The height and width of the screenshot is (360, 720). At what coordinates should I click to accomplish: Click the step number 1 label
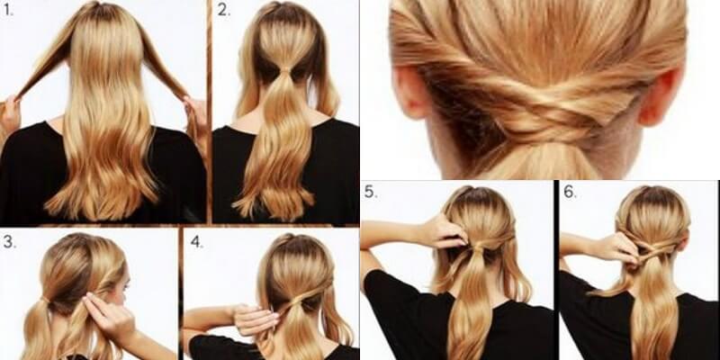(8, 11)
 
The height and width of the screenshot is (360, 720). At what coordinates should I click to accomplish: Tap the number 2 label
(223, 10)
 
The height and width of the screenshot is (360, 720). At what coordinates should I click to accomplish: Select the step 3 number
(9, 242)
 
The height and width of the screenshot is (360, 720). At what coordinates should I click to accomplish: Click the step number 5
(371, 192)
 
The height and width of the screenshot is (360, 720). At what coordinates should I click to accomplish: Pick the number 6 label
(570, 192)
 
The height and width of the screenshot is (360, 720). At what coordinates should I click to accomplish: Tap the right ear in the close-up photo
(661, 97)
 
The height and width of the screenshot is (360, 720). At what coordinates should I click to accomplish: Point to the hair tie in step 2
(285, 70)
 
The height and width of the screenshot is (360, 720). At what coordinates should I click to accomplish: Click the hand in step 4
(255, 319)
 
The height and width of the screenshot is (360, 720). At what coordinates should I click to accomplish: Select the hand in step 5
(443, 231)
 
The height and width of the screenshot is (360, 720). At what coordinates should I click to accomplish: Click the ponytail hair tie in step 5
(479, 245)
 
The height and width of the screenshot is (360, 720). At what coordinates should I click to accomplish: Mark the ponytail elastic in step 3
(44, 301)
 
